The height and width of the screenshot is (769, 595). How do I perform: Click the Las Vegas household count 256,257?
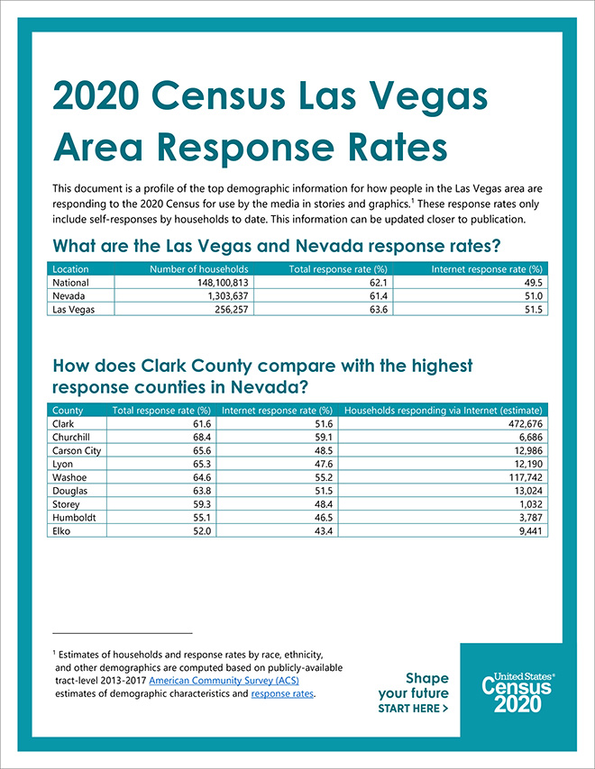point(231,310)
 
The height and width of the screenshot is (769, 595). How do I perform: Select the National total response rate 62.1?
point(379,283)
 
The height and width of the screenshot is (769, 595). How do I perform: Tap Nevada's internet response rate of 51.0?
point(534,295)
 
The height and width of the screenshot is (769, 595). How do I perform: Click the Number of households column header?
point(199,269)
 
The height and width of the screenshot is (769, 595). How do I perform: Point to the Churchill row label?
point(71,437)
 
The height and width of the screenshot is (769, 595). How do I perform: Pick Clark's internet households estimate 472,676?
point(526,424)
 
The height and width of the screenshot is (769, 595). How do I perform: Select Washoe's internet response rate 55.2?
point(324,477)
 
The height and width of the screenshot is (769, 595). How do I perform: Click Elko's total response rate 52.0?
point(202,530)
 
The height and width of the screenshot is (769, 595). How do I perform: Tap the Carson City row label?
point(77,451)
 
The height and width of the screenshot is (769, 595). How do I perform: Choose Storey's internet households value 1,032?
point(531,504)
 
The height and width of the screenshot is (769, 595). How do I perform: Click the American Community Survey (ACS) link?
point(224,680)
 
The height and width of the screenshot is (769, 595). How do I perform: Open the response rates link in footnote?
point(282,693)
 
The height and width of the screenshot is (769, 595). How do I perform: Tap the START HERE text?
point(413,708)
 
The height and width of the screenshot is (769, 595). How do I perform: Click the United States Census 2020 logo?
point(517,692)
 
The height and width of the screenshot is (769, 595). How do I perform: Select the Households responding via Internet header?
point(444,411)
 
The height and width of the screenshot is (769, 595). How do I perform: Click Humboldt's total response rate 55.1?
point(202,518)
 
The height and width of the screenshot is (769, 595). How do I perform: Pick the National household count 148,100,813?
point(223,283)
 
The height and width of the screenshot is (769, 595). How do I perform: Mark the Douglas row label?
point(69,491)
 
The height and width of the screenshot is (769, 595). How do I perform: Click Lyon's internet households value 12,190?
point(528,464)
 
